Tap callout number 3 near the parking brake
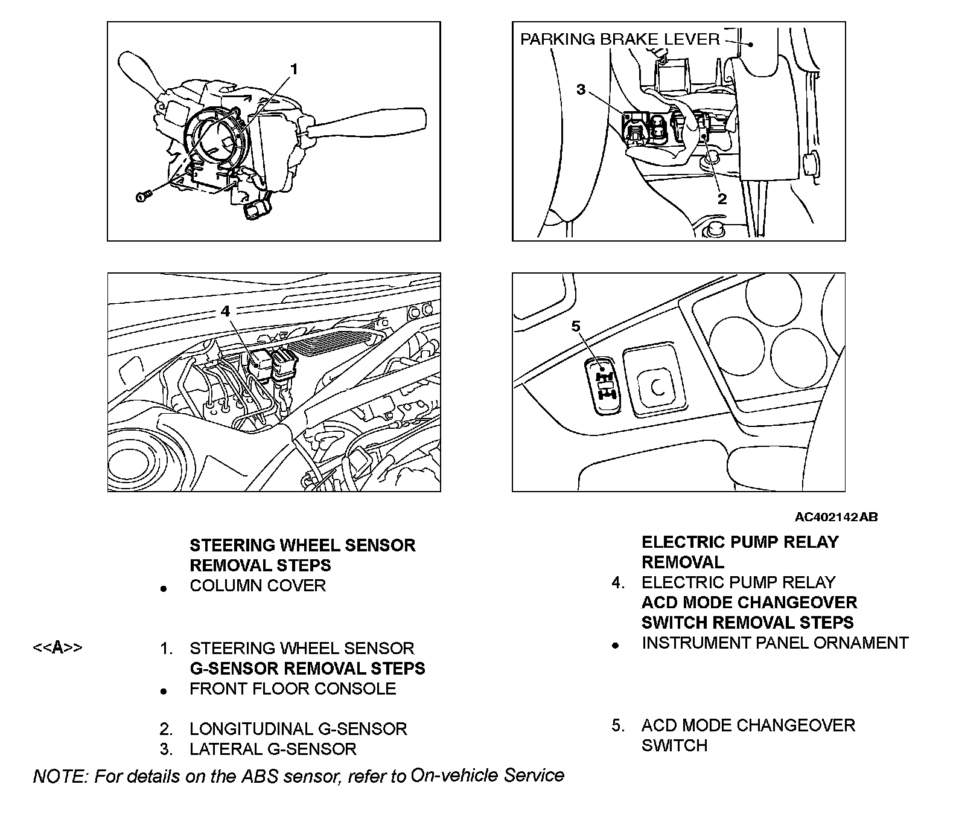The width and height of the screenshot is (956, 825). [581, 89]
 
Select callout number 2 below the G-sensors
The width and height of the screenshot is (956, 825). [722, 198]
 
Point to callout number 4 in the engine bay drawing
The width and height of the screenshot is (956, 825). [225, 311]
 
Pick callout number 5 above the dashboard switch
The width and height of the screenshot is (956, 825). [575, 326]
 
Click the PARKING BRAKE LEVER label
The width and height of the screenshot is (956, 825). [620, 40]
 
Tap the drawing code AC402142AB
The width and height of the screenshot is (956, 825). [836, 517]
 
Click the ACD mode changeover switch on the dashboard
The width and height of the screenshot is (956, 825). [604, 386]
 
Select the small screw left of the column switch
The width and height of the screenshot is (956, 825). [142, 196]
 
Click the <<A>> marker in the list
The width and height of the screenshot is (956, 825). [57, 648]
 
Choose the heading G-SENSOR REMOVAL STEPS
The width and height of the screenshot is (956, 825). [307, 669]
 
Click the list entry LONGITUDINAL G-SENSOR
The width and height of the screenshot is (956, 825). [298, 729]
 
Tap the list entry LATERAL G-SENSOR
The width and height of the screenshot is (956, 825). [273, 749]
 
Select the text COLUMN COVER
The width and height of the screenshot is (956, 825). [258, 586]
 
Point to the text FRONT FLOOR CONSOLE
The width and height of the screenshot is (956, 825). [293, 689]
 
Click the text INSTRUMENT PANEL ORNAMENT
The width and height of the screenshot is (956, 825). [775, 643]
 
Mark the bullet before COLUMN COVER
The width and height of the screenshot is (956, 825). [163, 588]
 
